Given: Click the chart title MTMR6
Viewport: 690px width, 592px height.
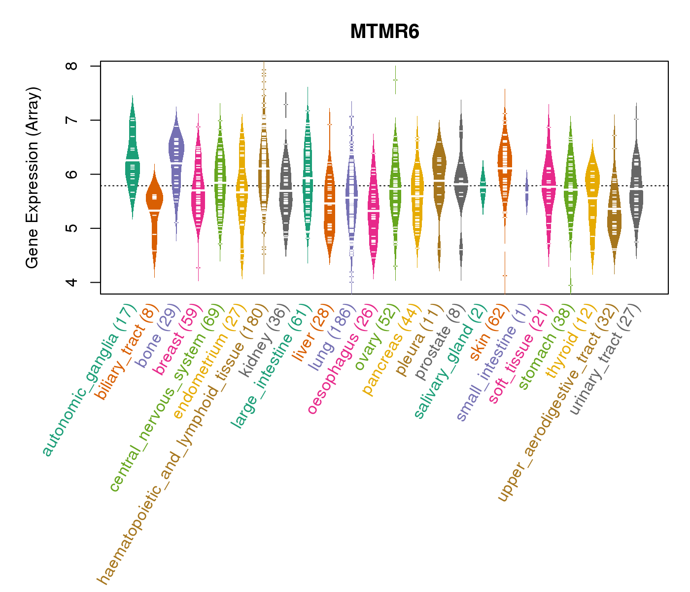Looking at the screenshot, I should click(384, 32).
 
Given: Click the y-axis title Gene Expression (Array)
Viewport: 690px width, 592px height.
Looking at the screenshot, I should click(33, 178).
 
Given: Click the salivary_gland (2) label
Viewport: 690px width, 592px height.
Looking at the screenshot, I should click(450, 362).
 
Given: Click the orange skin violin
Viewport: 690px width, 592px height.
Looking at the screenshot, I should click(505, 163).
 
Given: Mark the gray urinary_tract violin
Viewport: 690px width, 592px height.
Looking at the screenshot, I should click(636, 187).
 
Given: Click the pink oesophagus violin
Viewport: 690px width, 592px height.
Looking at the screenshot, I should click(373, 207).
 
